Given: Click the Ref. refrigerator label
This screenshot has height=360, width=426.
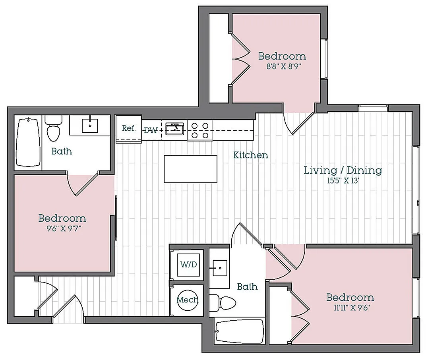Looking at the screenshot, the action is point(128,128).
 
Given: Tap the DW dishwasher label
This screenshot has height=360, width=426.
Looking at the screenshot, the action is point(151,130).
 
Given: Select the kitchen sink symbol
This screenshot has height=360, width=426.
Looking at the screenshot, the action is point(175,128).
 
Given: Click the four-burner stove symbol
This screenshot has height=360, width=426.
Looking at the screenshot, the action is point(200,131).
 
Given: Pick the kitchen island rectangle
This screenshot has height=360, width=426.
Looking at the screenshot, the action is point(190,169).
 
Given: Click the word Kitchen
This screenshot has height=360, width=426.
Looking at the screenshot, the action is point(250,155).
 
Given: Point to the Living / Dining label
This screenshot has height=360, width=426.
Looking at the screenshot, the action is point(343,170).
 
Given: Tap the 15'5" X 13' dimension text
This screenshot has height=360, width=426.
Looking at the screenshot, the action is point(343,181).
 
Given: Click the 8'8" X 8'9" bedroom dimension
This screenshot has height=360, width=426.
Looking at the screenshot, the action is point(284,67).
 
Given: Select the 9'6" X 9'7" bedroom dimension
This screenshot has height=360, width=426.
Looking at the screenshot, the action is point(64,228).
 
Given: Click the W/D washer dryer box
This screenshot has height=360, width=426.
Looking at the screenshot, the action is point(188,264).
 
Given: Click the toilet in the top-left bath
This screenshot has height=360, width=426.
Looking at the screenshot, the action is point(54,128).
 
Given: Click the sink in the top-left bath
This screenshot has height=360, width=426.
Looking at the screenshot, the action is point(90,125).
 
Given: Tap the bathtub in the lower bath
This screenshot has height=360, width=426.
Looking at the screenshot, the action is point(239,331).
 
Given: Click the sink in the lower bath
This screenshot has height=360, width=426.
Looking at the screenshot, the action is point(220,268).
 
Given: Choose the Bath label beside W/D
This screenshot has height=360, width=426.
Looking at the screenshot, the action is point(247,286).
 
